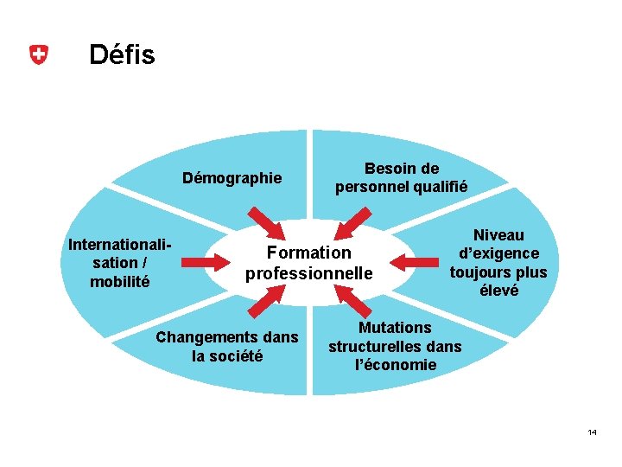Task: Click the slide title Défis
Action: (122, 55)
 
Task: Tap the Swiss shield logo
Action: (37, 55)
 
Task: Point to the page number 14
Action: (592, 432)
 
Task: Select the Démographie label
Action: (232, 178)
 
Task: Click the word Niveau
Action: (498, 235)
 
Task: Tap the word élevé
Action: (498, 291)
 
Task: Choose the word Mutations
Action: (395, 328)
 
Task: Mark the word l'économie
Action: (396, 365)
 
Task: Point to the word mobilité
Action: (120, 281)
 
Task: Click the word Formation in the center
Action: (309, 253)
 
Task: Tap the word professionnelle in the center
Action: (308, 273)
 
